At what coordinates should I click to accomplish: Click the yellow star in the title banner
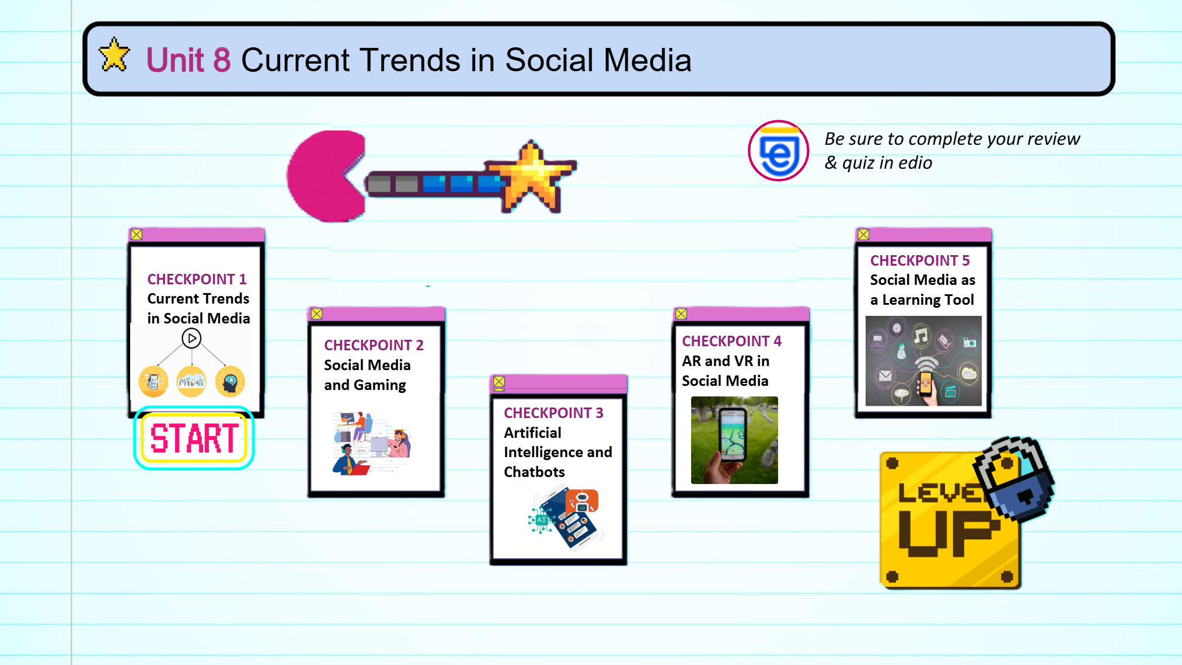click(114, 55)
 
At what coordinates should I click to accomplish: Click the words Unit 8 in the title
click(188, 60)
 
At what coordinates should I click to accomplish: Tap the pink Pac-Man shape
click(327, 176)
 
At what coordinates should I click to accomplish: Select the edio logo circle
click(778, 151)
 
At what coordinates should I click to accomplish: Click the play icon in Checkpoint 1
click(191, 338)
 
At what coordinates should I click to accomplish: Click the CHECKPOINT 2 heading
click(374, 345)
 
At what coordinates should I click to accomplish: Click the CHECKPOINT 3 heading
click(553, 413)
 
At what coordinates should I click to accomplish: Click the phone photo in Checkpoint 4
click(734, 440)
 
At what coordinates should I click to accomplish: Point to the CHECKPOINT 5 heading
click(919, 260)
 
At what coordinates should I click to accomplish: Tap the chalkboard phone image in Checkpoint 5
click(923, 361)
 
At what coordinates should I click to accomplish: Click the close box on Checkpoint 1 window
click(137, 234)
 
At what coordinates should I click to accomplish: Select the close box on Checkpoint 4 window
click(681, 314)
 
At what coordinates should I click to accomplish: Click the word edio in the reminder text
click(915, 163)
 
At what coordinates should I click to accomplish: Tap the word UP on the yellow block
click(949, 532)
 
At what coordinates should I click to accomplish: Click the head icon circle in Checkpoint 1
click(230, 382)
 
